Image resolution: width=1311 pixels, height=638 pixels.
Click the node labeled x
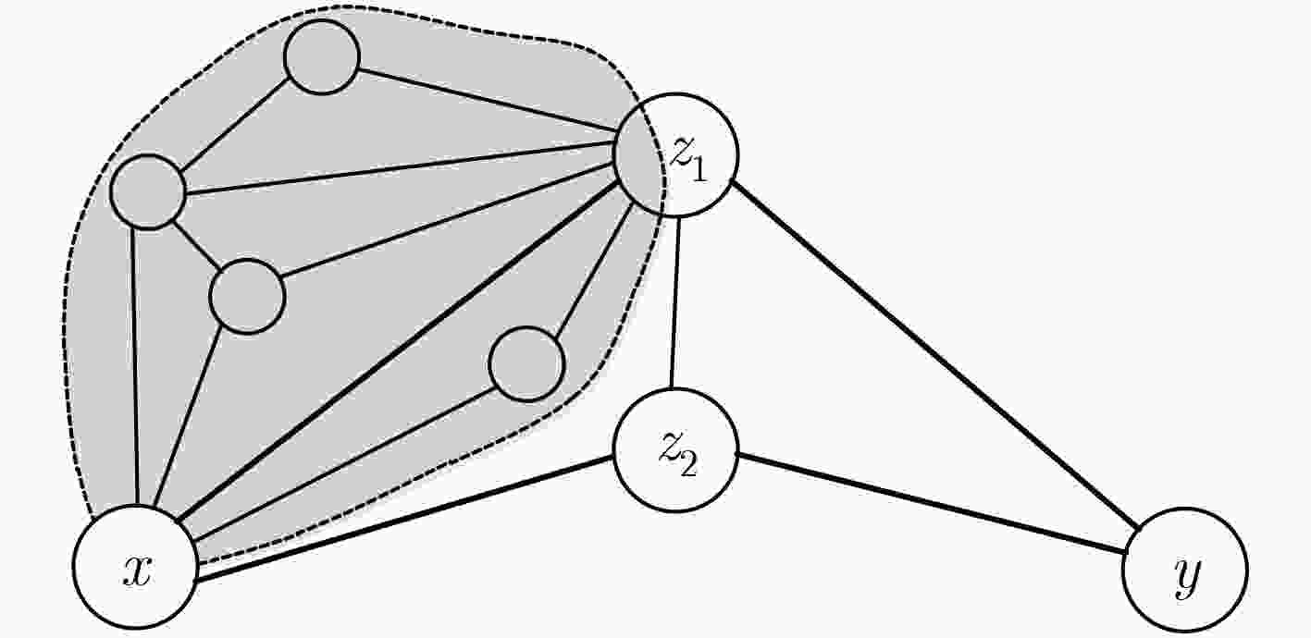click(135, 567)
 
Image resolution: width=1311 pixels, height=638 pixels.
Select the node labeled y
click(1185, 571)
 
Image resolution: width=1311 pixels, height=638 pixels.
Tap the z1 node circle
click(676, 155)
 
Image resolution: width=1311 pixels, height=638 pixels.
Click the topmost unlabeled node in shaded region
click(321, 56)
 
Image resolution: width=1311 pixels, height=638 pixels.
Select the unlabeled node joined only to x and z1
click(526, 363)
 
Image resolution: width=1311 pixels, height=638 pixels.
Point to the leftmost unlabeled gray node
click(148, 191)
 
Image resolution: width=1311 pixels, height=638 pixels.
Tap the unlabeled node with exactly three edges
click(248, 296)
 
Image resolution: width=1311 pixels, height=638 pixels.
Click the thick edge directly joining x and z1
click(399, 350)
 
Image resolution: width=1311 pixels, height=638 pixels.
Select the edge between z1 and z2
click(674, 302)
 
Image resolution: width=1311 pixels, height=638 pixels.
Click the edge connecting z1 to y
click(935, 356)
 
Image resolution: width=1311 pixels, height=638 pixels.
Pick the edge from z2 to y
click(933, 504)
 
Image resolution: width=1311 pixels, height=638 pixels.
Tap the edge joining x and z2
click(404, 520)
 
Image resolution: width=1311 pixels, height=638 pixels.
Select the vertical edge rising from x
click(135, 366)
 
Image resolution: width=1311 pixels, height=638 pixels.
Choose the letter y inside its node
click(1188, 577)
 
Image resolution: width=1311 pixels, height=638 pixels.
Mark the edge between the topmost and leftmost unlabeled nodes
click(234, 125)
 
